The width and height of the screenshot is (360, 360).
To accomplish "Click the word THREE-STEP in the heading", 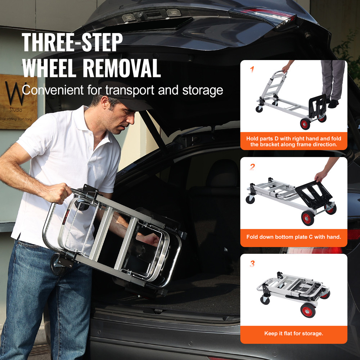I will click(x=72, y=42).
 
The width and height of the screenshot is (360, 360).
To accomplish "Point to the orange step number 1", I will click(x=252, y=69).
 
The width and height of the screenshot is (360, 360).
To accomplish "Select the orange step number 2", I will click(x=252, y=167).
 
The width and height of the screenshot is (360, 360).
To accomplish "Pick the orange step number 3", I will click(x=252, y=264).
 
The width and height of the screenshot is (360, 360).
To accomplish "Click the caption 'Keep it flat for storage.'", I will click(x=294, y=333).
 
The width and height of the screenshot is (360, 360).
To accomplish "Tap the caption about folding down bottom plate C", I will click(x=294, y=237).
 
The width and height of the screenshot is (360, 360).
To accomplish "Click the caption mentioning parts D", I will click(x=294, y=141).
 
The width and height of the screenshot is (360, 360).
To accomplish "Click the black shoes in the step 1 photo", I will click(x=333, y=104).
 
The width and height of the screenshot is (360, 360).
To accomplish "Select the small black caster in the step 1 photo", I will click(x=259, y=109).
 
